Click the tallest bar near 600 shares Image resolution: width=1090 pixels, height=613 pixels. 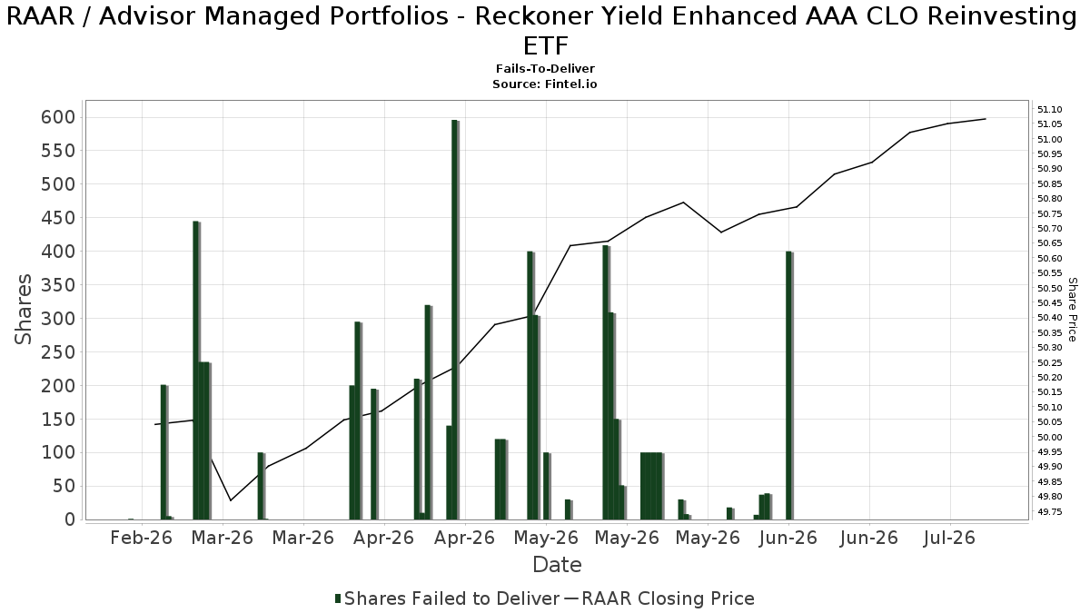(454, 320)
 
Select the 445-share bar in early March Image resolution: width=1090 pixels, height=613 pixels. (196, 371)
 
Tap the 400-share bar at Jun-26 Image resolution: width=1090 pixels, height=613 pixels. (788, 385)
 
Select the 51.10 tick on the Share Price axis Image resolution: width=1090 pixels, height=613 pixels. (1050, 110)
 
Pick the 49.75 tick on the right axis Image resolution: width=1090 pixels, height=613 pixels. (1050, 512)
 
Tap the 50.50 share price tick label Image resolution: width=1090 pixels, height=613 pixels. (1050, 288)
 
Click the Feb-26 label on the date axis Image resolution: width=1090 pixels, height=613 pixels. (142, 538)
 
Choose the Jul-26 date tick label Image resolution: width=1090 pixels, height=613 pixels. (950, 538)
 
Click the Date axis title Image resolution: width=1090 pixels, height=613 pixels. (557, 565)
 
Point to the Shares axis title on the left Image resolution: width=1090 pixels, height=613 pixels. (23, 310)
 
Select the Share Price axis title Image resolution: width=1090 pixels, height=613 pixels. (1072, 310)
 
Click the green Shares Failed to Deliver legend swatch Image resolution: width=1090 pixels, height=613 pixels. (338, 598)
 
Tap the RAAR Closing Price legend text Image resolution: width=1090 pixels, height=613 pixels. (669, 598)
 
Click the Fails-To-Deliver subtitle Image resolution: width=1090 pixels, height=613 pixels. (545, 69)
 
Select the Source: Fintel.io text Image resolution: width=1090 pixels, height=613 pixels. (545, 84)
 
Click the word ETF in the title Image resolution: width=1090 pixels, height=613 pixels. (546, 46)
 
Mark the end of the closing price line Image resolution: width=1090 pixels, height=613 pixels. (986, 119)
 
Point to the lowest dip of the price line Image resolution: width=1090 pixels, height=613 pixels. (231, 500)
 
